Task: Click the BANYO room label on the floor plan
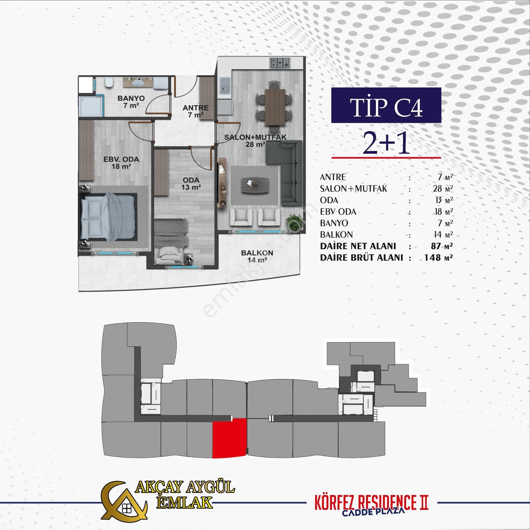coord(131,98)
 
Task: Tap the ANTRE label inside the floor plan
coord(195,108)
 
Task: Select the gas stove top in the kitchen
coord(280,63)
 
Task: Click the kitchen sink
coord(224,86)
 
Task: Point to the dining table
coord(275,107)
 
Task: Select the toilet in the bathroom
coord(109,82)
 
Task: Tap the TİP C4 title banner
coord(386,105)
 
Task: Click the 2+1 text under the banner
coord(386,143)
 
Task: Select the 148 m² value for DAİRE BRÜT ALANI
coord(438,258)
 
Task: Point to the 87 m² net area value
coord(442,246)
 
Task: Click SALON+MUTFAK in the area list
coord(353,189)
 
